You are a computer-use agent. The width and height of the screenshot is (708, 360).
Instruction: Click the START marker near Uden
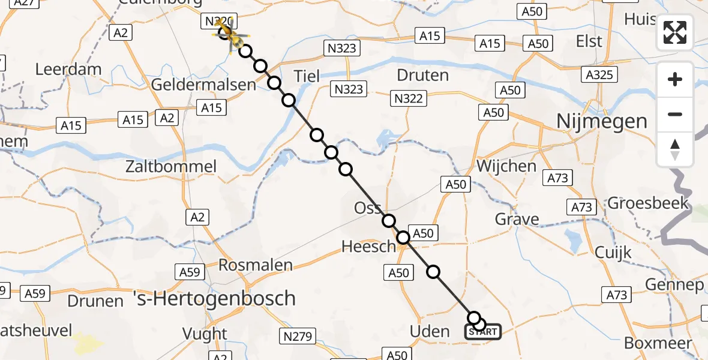pyautogui.click(x=483, y=332)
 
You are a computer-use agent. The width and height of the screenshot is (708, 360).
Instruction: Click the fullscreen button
pyautogui.click(x=675, y=32)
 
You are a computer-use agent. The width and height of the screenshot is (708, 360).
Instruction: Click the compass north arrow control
pyautogui.click(x=675, y=149)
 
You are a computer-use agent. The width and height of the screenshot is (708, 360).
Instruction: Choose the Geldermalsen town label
pyautogui.click(x=203, y=85)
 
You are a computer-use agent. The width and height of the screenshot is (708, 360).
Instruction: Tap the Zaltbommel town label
pyautogui.click(x=172, y=166)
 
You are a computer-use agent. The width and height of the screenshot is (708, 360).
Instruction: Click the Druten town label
pyautogui.click(x=423, y=76)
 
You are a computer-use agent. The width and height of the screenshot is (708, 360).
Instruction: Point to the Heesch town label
pyautogui.click(x=369, y=246)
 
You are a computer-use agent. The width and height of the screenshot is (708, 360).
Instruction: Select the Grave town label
pyautogui.click(x=517, y=220)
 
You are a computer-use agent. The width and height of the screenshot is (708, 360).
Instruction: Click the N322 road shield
pyautogui.click(x=407, y=98)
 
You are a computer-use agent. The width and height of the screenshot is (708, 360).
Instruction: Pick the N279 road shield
pyautogui.click(x=298, y=337)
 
